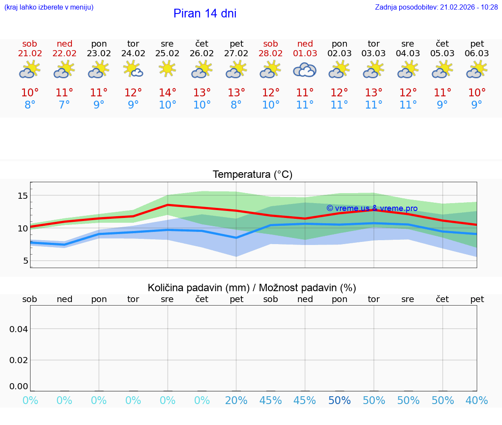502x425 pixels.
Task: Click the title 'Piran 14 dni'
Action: coord(205,14)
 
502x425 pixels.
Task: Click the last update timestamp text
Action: coord(436,7)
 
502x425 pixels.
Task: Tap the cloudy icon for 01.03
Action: coord(305,70)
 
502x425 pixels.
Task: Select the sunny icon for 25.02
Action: coord(167,69)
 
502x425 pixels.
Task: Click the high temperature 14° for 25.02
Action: coord(167,93)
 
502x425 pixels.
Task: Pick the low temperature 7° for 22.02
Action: coord(64,105)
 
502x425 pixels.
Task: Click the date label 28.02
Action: coord(271,53)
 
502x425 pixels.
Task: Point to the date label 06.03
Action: coord(477,53)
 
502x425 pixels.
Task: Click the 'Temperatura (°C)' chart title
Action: coord(252,175)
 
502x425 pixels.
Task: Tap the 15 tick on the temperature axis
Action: coord(23,196)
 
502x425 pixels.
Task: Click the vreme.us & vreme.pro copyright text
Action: coord(372,208)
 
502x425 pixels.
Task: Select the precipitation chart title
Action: coord(252,288)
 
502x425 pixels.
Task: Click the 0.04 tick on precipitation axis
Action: coord(19,329)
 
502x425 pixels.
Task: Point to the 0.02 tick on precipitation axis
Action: coord(19,360)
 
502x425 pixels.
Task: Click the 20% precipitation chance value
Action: coord(236,401)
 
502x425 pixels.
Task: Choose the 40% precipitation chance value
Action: coord(477,401)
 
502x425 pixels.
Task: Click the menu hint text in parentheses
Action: coord(49,7)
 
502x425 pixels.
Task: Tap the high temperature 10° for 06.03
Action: coord(477,93)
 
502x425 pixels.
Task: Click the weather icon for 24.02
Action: coord(133,69)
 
